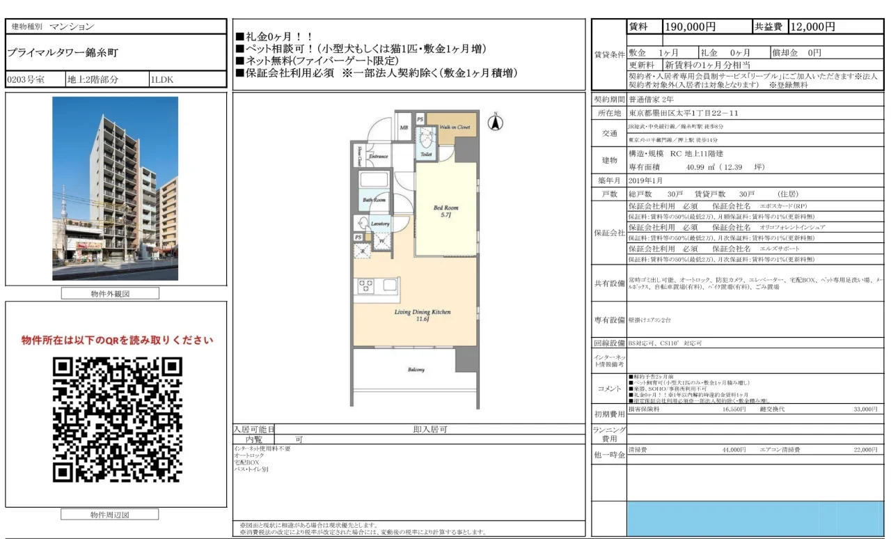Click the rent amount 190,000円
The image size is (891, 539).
pyautogui.click(x=691, y=27)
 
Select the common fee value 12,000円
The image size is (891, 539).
pyautogui.click(x=812, y=27)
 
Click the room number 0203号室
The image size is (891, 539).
pyautogui.click(x=26, y=79)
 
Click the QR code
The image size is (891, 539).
pyautogui.click(x=117, y=421)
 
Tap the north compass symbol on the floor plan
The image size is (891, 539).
pyautogui.click(x=496, y=123)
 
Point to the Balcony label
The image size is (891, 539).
pyautogui.click(x=416, y=370)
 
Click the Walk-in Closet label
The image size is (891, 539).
pyautogui.click(x=454, y=127)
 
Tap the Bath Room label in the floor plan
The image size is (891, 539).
pyautogui.click(x=374, y=200)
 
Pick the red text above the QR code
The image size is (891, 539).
pyautogui.click(x=117, y=341)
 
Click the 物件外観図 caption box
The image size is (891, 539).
pyautogui.click(x=110, y=294)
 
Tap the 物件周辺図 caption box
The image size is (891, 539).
pyautogui.click(x=110, y=515)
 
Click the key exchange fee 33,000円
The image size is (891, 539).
pyautogui.click(x=865, y=409)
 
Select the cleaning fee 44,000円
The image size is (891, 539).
pyautogui.click(x=734, y=451)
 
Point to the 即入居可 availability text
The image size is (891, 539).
pyautogui.click(x=429, y=430)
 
